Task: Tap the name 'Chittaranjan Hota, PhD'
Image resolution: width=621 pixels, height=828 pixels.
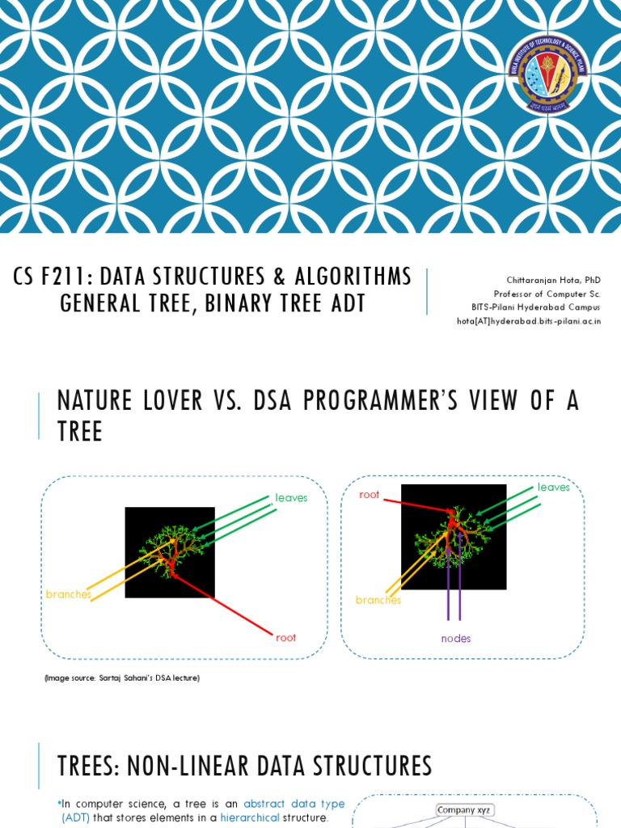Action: pyautogui.click(x=555, y=280)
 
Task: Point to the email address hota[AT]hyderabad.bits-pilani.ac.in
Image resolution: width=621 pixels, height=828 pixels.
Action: pyautogui.click(x=529, y=321)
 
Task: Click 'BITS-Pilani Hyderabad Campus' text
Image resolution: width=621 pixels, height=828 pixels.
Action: pyautogui.click(x=536, y=307)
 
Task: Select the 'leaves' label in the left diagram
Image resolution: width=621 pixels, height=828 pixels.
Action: pyautogui.click(x=291, y=498)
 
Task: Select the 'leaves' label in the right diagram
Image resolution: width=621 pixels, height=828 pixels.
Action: pyautogui.click(x=554, y=488)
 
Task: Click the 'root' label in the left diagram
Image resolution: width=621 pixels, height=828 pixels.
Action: pyautogui.click(x=286, y=638)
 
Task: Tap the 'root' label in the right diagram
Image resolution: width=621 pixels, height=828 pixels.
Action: pyautogui.click(x=370, y=495)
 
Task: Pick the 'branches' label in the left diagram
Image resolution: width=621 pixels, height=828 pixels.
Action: pyautogui.click(x=68, y=594)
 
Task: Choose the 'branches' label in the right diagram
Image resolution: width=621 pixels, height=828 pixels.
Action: pyautogui.click(x=378, y=601)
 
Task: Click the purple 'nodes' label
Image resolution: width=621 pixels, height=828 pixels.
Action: pyautogui.click(x=455, y=639)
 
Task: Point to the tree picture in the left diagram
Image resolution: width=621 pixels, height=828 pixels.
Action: pyautogui.click(x=170, y=552)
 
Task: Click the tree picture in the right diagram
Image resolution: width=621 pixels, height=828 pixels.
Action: pyautogui.click(x=454, y=537)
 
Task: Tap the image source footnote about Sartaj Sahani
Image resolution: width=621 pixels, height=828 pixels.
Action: pyautogui.click(x=122, y=678)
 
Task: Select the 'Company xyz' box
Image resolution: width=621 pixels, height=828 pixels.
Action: pyautogui.click(x=464, y=809)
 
